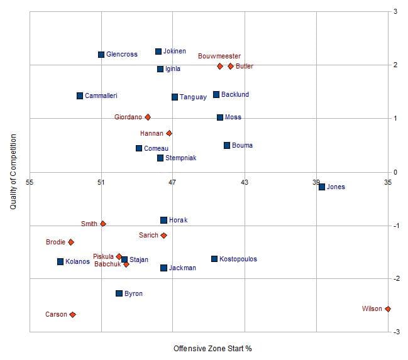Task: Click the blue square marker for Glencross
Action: tap(101, 55)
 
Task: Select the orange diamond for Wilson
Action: tap(388, 308)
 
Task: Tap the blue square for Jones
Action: tap(322, 187)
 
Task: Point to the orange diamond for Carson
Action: tap(72, 314)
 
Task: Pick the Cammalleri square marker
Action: tap(80, 95)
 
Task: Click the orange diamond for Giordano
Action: tap(148, 117)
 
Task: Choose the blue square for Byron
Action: tap(119, 293)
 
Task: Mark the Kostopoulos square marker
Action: tap(214, 259)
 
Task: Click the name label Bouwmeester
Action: tap(219, 56)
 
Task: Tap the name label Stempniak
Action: tap(180, 158)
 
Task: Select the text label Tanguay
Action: tap(193, 97)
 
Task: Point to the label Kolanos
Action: tap(77, 261)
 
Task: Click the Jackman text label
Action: tap(182, 268)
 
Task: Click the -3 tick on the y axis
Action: tap(395, 332)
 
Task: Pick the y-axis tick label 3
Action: tap(395, 11)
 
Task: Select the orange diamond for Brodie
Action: tap(71, 242)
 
